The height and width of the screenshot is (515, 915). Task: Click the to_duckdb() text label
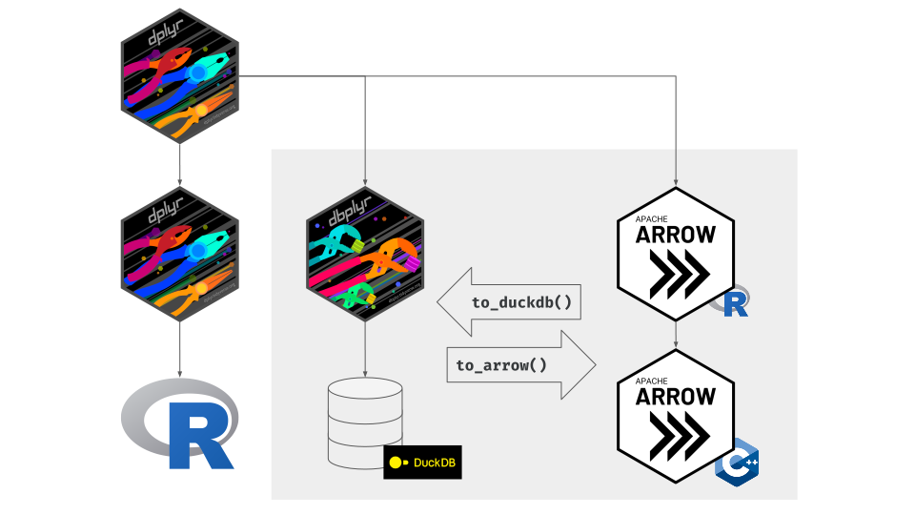pos(521,303)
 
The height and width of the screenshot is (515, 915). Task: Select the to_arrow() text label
pos(501,364)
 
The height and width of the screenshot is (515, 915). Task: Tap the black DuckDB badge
pos(422,463)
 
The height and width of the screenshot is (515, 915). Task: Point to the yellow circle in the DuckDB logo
pos(397,463)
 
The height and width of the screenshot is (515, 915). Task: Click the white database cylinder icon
pos(365,422)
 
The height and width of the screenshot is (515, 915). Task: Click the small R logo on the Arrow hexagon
pos(735,303)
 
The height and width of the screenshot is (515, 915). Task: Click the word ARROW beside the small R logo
pos(676,235)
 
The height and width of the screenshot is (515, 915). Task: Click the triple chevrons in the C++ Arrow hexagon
pos(676,433)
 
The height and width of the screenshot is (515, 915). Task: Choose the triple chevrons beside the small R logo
pos(676,273)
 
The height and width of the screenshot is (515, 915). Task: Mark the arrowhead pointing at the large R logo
pos(180,376)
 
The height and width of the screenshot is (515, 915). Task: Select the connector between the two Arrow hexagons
pos(676,333)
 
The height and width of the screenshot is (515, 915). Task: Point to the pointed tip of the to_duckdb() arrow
pos(439,302)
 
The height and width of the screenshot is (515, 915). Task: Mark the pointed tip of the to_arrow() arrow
pos(594,364)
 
